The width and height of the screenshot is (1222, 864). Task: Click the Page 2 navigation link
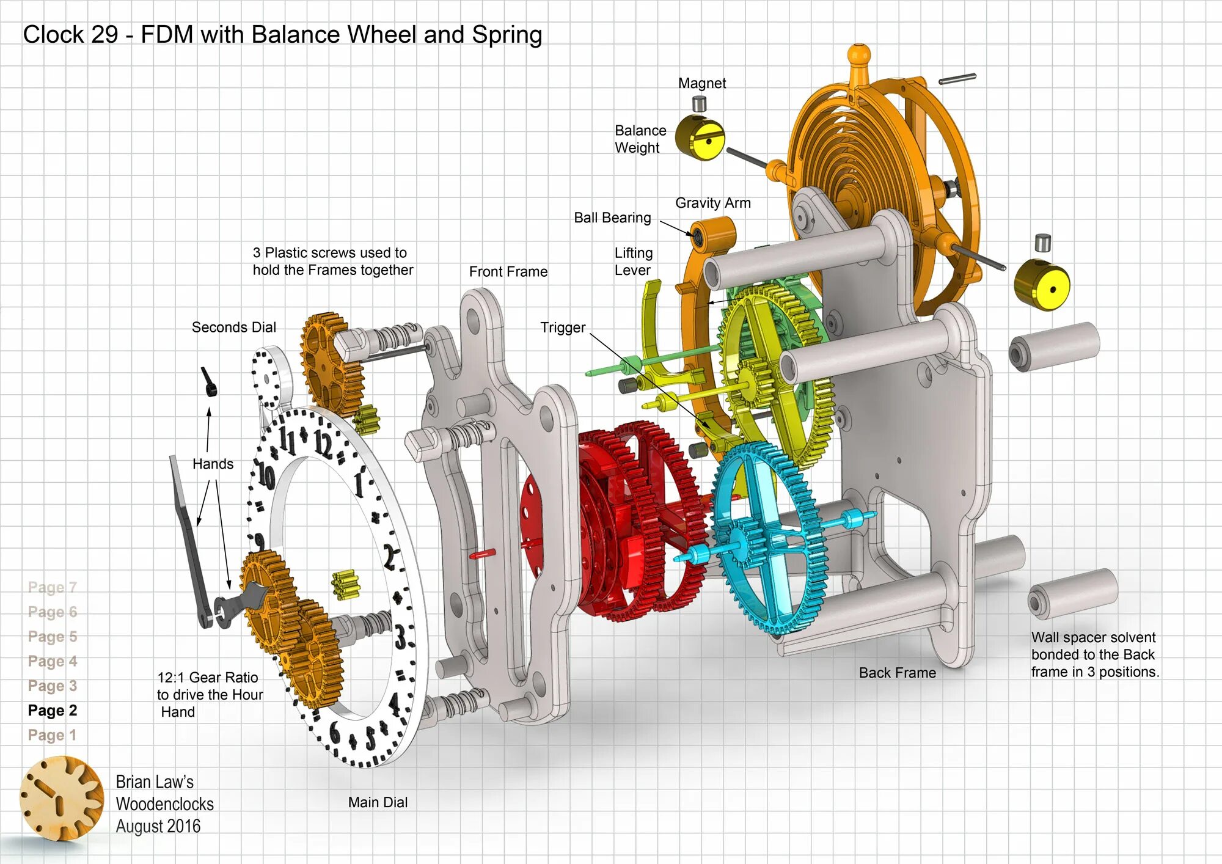pos(53,711)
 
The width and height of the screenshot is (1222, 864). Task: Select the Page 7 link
pos(53,587)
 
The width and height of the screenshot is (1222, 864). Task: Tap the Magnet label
pos(702,83)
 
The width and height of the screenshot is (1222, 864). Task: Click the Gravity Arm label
pos(712,203)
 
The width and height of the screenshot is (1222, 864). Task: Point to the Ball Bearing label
pos(612,218)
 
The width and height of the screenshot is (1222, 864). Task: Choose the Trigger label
pos(563,328)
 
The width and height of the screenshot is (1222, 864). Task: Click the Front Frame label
pos(508,272)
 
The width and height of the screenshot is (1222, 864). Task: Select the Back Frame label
pos(897,673)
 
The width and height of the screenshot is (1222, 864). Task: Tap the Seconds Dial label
pos(234,328)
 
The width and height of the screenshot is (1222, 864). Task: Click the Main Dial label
pos(378,802)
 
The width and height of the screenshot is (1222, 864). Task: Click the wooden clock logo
pos(61,798)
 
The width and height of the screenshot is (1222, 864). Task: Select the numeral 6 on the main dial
pos(335,732)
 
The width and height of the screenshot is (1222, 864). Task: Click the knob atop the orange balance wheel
pos(859,54)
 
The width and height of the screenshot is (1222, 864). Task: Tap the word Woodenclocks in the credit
pos(165,804)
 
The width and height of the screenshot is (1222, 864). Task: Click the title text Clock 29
pos(70,35)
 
